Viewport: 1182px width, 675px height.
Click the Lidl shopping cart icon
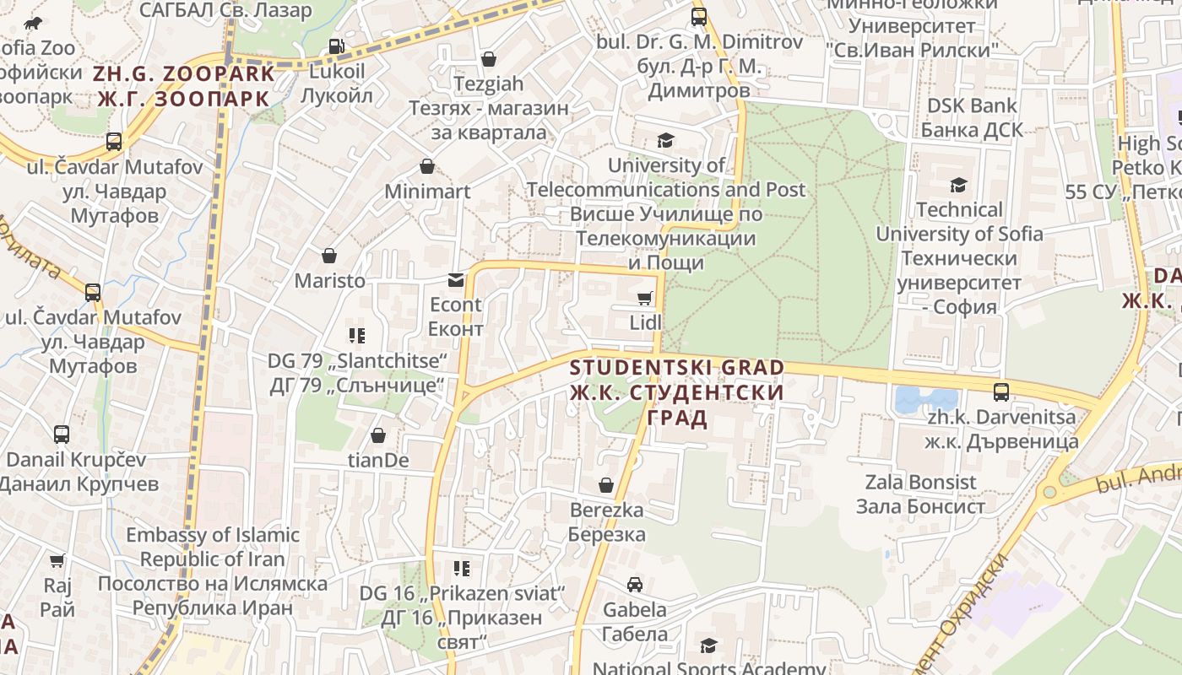pos(645,298)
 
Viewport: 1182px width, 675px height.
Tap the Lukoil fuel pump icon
pos(336,46)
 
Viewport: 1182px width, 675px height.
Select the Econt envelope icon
pos(456,279)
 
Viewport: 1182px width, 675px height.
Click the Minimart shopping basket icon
pos(427,166)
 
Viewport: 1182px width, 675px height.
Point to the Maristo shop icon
pos(329,256)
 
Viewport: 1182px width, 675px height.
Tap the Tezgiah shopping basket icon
pos(488,59)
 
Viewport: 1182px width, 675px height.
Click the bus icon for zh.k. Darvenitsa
pos(1001,391)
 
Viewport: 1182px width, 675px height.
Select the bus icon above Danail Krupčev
pos(62,435)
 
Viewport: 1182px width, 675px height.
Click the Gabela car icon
pos(634,584)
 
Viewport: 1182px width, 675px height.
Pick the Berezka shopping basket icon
pos(606,485)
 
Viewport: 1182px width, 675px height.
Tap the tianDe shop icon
pos(378,435)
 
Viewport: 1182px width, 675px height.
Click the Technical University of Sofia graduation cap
pos(958,185)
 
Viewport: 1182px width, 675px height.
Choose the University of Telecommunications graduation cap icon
pos(666,140)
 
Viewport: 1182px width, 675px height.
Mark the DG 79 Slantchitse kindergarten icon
pos(357,336)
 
